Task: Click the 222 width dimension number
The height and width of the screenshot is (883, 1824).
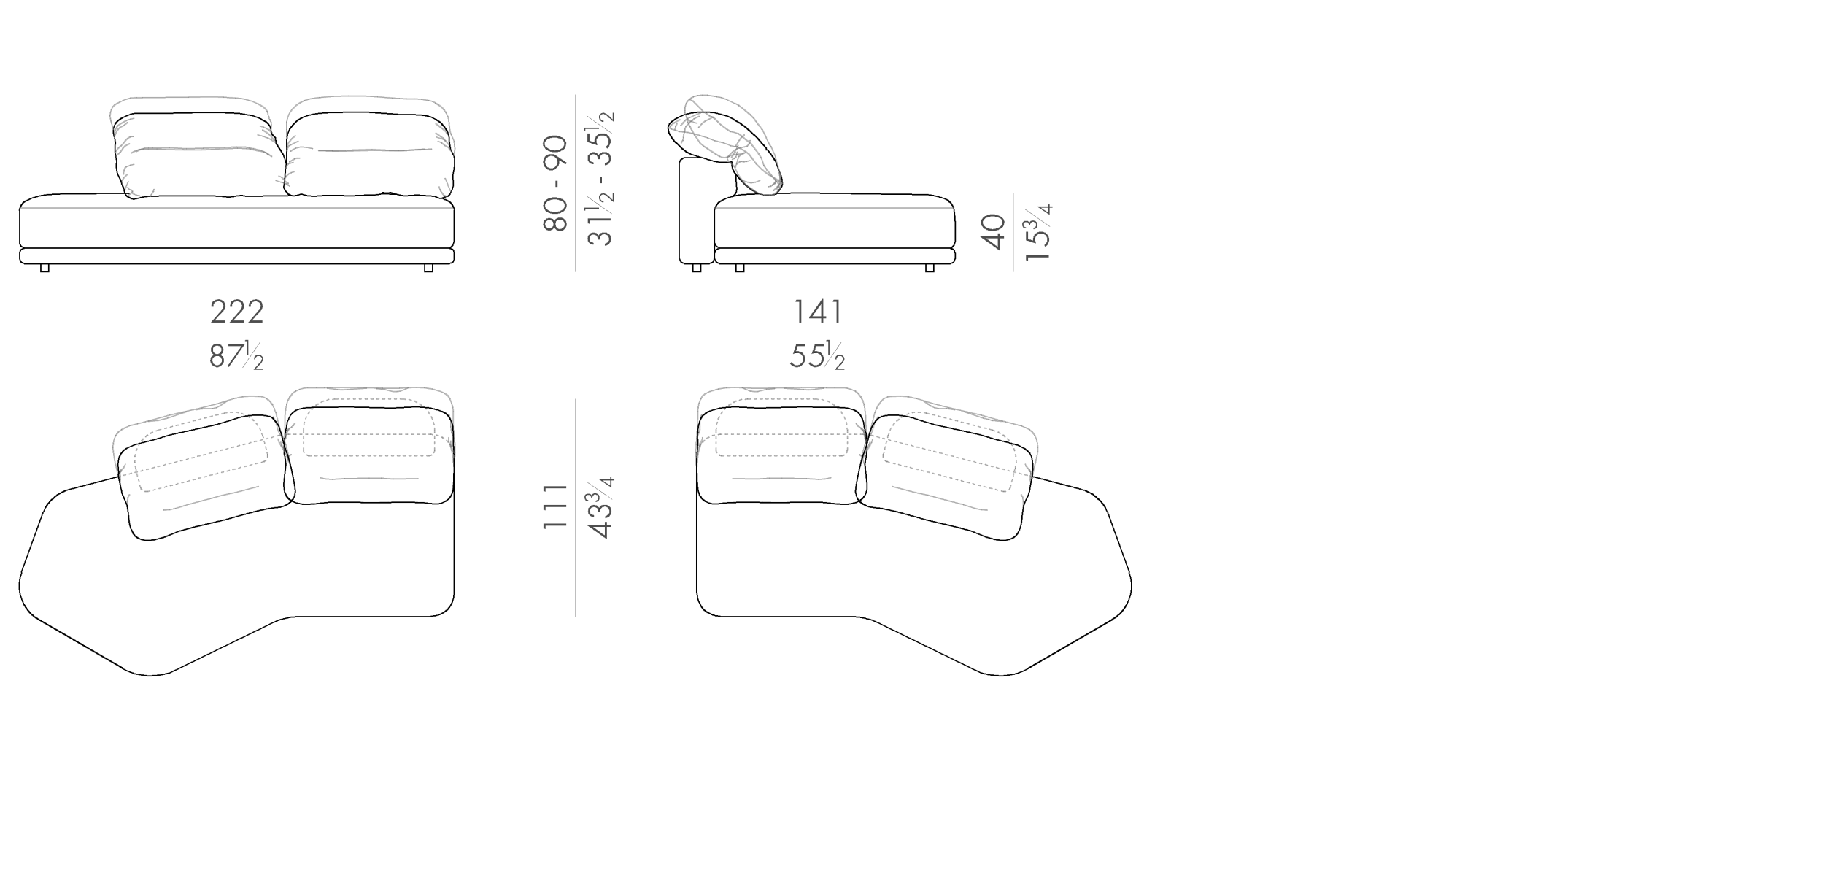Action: [237, 312]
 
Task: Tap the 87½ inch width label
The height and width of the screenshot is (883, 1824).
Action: [236, 356]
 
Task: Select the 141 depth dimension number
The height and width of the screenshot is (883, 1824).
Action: [818, 312]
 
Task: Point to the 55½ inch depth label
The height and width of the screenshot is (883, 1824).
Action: [817, 356]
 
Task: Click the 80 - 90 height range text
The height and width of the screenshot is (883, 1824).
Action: [556, 183]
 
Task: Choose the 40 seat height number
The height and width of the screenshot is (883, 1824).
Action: [994, 232]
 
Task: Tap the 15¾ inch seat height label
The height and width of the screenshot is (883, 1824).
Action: [1037, 233]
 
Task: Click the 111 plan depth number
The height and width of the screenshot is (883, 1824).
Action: [556, 506]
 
